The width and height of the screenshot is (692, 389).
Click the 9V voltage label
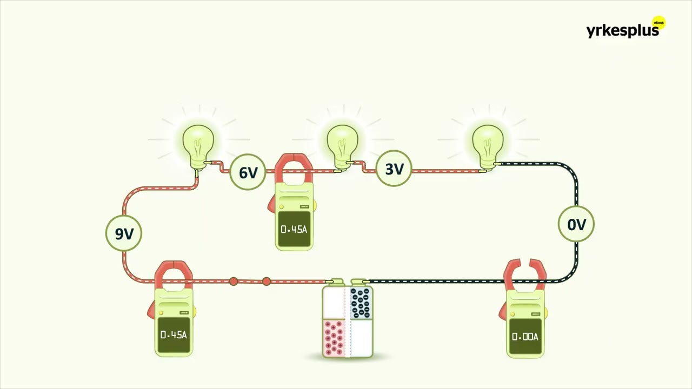pyautogui.click(x=124, y=233)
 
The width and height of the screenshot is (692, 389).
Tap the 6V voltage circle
pyautogui.click(x=248, y=172)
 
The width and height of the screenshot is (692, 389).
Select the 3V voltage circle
pyautogui.click(x=394, y=168)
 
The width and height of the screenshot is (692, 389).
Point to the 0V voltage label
pyautogui.click(x=576, y=224)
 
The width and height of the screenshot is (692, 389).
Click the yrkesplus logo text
pyautogui.click(x=622, y=31)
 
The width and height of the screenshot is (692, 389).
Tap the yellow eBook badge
pyautogui.click(x=658, y=23)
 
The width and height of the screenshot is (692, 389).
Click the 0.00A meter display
pyautogui.click(x=525, y=336)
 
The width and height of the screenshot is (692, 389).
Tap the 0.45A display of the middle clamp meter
pyautogui.click(x=294, y=229)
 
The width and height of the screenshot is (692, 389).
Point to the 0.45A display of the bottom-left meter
pyautogui.click(x=174, y=334)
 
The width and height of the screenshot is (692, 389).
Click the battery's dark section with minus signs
pyautogui.click(x=361, y=303)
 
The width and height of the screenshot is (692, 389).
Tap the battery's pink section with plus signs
pyautogui.click(x=334, y=338)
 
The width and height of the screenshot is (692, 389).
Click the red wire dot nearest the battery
pyautogui.click(x=267, y=281)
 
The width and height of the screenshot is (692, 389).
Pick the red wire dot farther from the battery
pyautogui.click(x=234, y=281)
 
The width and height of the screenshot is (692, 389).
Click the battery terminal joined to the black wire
pyautogui.click(x=359, y=282)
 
